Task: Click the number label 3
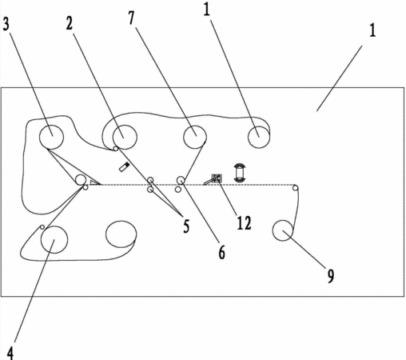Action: [x=6, y=24]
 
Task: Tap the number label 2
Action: [x=70, y=23]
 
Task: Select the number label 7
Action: [x=131, y=18]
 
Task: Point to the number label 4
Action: [x=10, y=354]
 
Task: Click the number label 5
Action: [x=186, y=226]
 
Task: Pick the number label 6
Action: [x=221, y=252]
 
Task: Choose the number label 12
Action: [x=244, y=223]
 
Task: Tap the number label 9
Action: [x=330, y=276]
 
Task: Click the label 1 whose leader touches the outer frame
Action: [x=372, y=30]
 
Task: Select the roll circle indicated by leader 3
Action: [x=51, y=137]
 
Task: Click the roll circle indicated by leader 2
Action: [x=125, y=137]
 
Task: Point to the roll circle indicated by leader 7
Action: [x=195, y=137]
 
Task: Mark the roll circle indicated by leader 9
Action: [x=283, y=230]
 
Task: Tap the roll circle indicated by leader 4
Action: [x=54, y=239]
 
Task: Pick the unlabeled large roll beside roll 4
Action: [x=121, y=234]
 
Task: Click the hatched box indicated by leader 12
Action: [x=217, y=178]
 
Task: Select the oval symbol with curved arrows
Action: [x=240, y=173]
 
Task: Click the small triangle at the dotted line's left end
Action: [x=94, y=182]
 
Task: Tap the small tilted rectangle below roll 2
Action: [x=124, y=167]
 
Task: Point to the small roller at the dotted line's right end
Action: [x=296, y=188]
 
